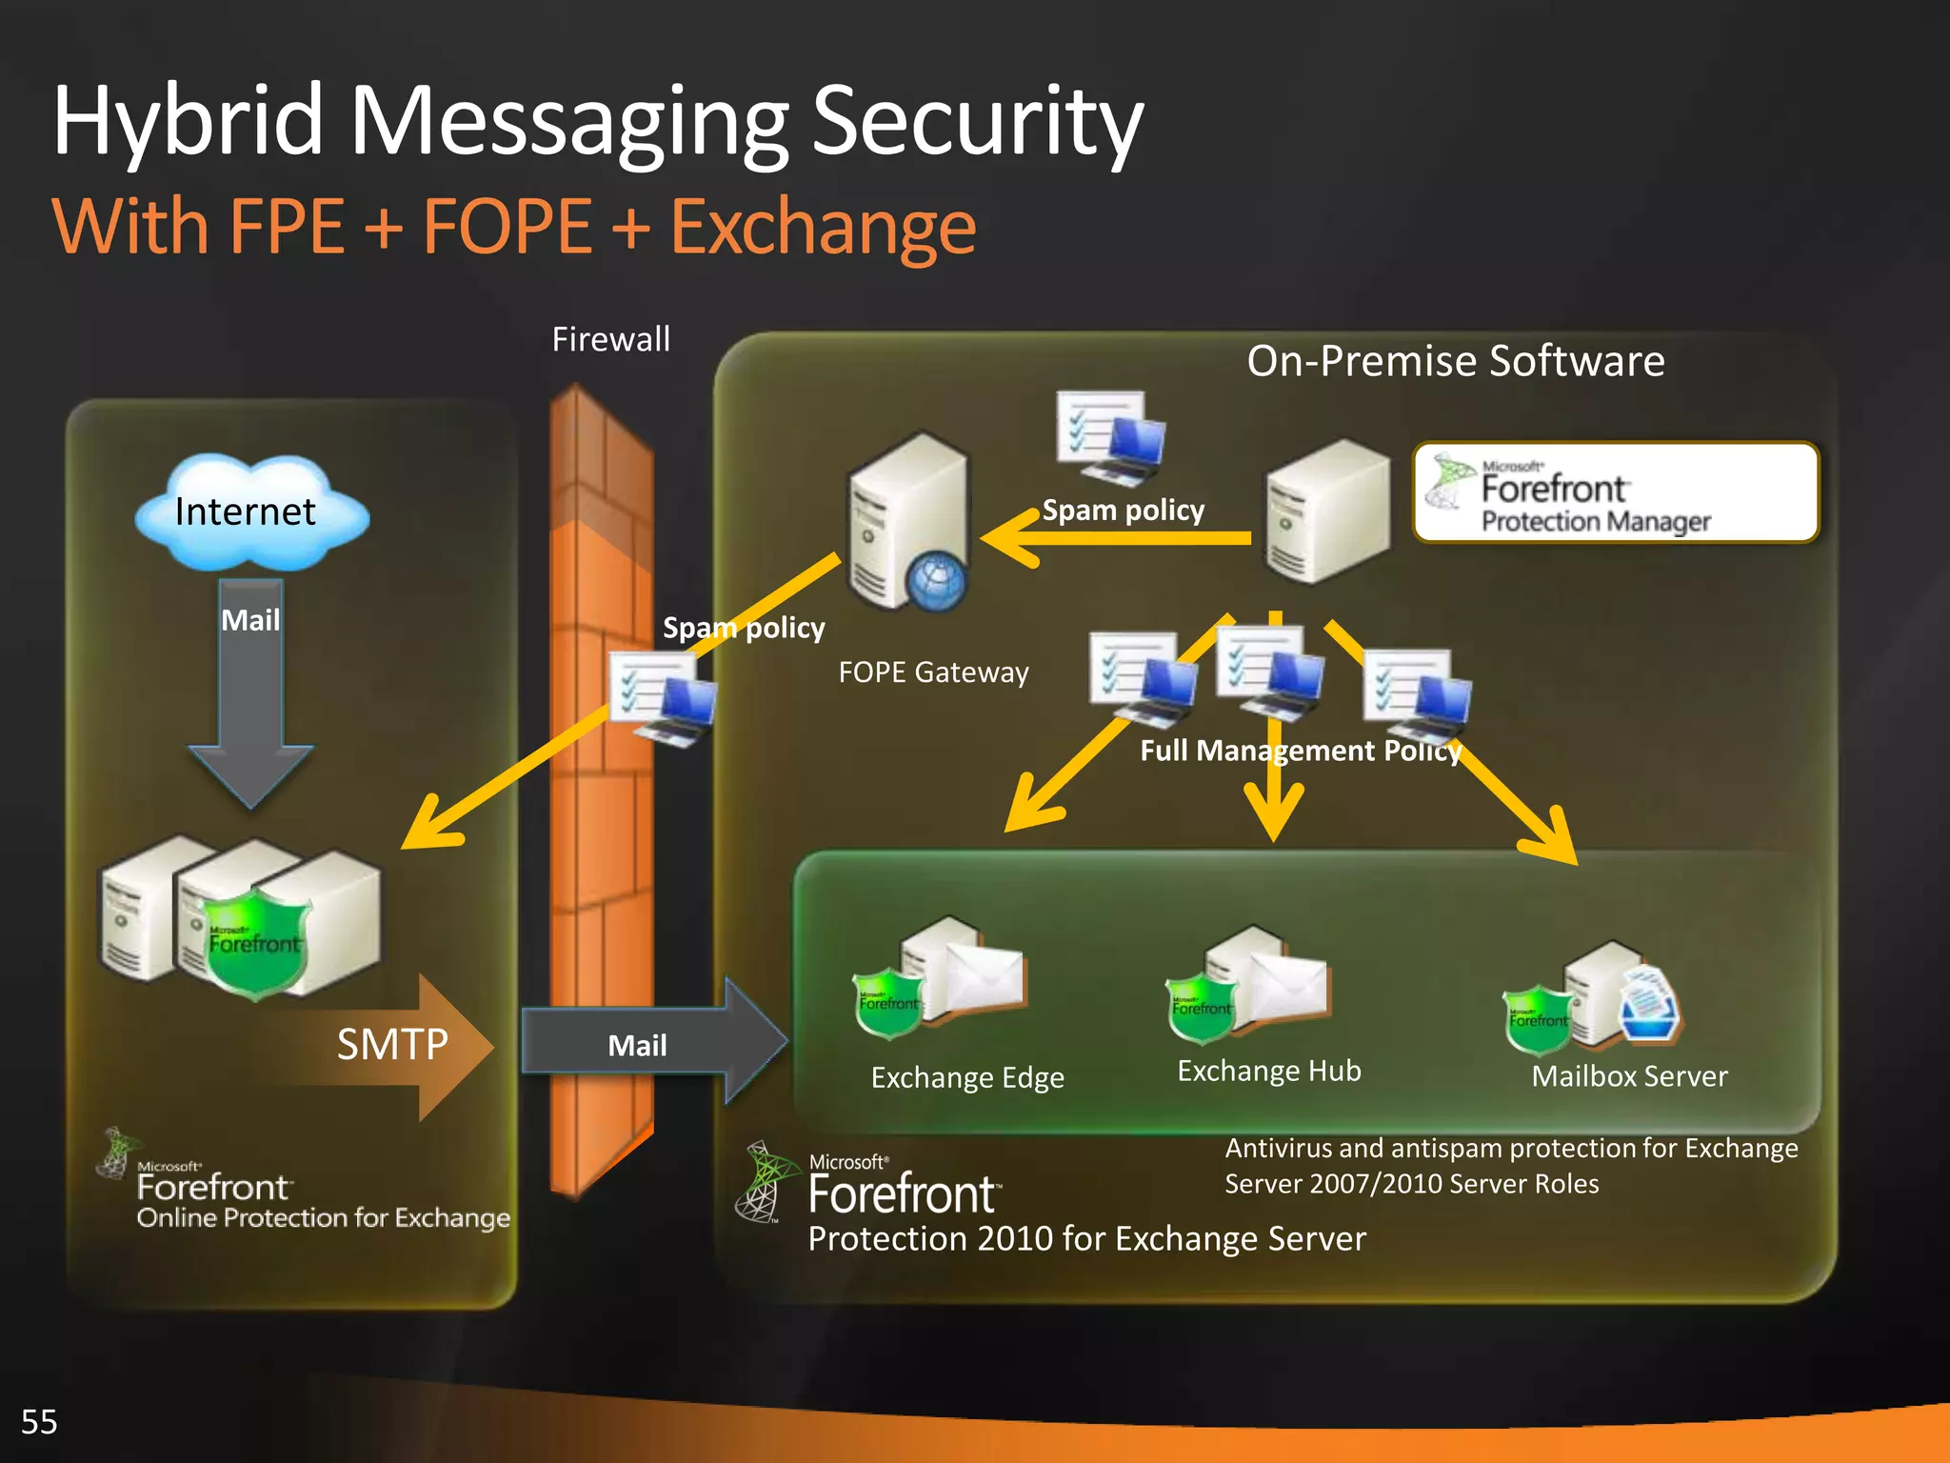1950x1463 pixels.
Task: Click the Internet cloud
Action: (250, 511)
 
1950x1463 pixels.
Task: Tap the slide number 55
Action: (39, 1422)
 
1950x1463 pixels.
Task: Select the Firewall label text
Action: (610, 339)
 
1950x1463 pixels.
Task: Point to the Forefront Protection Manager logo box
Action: (1615, 493)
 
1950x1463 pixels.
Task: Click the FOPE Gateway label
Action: (933, 672)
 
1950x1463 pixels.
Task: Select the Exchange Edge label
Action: (967, 1077)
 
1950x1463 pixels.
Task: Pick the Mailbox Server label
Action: (1629, 1076)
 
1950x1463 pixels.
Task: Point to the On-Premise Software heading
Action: (1456, 361)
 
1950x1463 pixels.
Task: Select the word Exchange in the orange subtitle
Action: (823, 227)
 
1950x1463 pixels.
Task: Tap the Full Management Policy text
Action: (1301, 751)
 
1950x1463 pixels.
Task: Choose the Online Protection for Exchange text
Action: (323, 1217)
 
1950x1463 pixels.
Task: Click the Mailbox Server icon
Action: (1600, 999)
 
